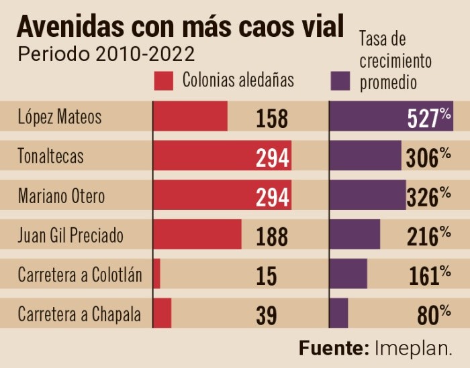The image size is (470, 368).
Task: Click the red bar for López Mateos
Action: point(191,117)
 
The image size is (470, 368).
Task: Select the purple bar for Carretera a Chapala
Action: point(339,313)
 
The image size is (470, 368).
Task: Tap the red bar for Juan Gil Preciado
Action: point(197,235)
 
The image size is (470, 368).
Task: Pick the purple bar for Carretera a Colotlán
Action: point(348,273)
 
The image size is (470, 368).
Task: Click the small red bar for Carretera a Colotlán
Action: point(157,273)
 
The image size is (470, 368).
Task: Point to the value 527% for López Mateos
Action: point(429,118)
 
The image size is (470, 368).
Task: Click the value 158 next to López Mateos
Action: point(272,119)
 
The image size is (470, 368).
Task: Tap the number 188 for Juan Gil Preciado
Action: point(272,236)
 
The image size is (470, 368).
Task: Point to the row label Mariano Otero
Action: point(62,196)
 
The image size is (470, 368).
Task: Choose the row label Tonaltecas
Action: point(51,157)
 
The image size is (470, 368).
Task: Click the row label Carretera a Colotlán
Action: point(80,274)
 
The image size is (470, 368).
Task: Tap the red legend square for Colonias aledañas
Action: point(164,80)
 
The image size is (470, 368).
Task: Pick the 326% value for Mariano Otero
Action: point(428,196)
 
